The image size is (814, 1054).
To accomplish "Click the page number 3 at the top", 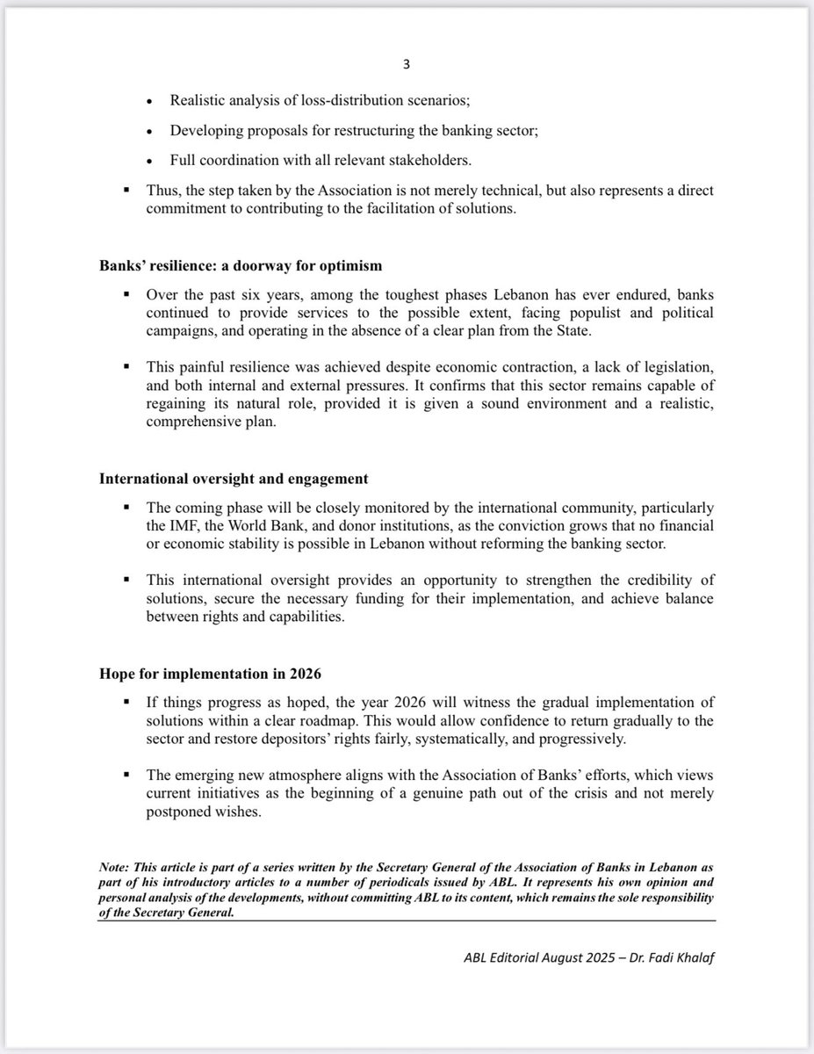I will click(407, 64).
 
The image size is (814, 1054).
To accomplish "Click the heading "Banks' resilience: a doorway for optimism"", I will click(240, 266).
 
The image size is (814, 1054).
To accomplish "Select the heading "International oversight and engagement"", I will click(233, 479).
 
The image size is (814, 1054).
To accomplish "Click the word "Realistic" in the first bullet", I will click(198, 100).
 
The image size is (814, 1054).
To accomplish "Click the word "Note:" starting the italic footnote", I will click(117, 868).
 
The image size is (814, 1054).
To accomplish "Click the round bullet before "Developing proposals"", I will click(151, 131).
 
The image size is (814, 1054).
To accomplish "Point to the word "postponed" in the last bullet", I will click(177, 813).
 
